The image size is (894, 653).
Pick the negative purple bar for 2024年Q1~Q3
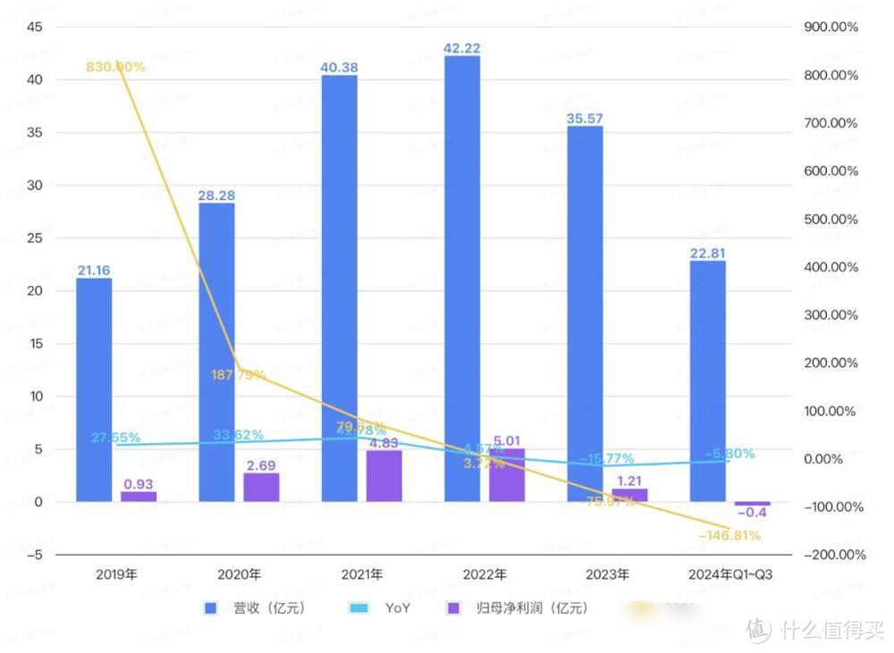coord(752,504)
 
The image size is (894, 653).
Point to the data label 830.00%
coord(115,67)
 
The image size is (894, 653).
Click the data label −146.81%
coord(730,536)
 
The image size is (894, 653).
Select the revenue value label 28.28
coord(216,195)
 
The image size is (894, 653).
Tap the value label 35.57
coord(585,118)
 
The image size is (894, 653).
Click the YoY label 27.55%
coord(115,438)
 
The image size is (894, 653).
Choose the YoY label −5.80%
coord(728,454)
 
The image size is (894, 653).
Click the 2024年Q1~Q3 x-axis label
coord(731,574)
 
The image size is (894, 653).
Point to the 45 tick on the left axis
coord(35,27)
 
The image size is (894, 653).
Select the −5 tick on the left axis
coord(35,555)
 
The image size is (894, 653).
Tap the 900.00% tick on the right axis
coord(831,27)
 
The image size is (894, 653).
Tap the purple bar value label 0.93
coord(138,484)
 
